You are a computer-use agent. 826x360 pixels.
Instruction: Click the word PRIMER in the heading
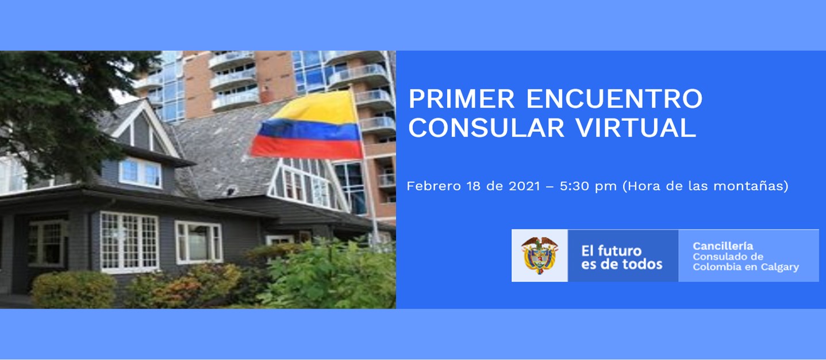462,99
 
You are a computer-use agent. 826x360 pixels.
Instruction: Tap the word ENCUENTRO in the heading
614,99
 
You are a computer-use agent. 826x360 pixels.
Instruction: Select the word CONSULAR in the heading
486,128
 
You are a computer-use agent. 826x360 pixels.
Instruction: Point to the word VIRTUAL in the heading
636,128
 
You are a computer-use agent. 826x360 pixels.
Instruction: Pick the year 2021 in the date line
524,186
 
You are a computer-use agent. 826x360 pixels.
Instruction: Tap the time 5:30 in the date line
574,186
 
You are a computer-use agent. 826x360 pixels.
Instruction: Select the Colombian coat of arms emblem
540,255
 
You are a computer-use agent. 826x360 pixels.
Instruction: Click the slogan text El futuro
612,251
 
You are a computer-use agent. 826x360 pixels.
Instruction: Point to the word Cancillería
723,246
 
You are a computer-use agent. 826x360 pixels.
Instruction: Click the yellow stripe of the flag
318,108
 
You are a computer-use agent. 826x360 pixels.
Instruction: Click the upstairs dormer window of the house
140,173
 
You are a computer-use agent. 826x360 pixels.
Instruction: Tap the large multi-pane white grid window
129,242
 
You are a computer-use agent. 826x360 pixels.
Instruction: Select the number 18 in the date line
474,186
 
